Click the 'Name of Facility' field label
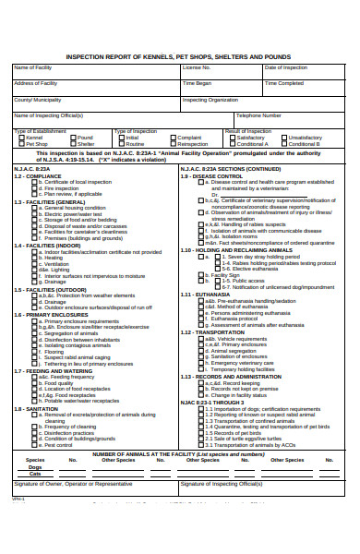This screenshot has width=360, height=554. (x=32, y=67)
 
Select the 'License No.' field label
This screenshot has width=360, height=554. (x=197, y=67)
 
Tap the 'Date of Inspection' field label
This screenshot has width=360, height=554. (x=285, y=67)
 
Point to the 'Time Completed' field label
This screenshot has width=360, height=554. (x=284, y=83)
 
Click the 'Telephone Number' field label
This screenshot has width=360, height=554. (x=258, y=115)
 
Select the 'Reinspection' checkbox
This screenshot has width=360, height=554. (x=173, y=144)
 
